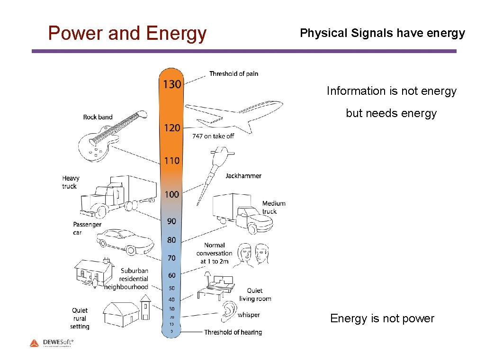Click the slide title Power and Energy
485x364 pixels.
point(127,34)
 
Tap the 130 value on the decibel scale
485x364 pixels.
point(172,84)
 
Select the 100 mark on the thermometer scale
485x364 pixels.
point(172,194)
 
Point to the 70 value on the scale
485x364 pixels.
point(171,258)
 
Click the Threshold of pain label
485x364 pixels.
point(234,73)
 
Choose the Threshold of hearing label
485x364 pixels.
point(233,332)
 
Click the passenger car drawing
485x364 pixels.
point(126,241)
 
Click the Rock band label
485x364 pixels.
point(98,117)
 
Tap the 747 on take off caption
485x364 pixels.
point(213,136)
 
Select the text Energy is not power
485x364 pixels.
point(382,318)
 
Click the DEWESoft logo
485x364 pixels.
point(52,342)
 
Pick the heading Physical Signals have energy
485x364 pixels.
point(382,33)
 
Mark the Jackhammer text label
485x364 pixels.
point(243,176)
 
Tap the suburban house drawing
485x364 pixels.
point(94,273)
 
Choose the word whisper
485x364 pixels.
point(249,315)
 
